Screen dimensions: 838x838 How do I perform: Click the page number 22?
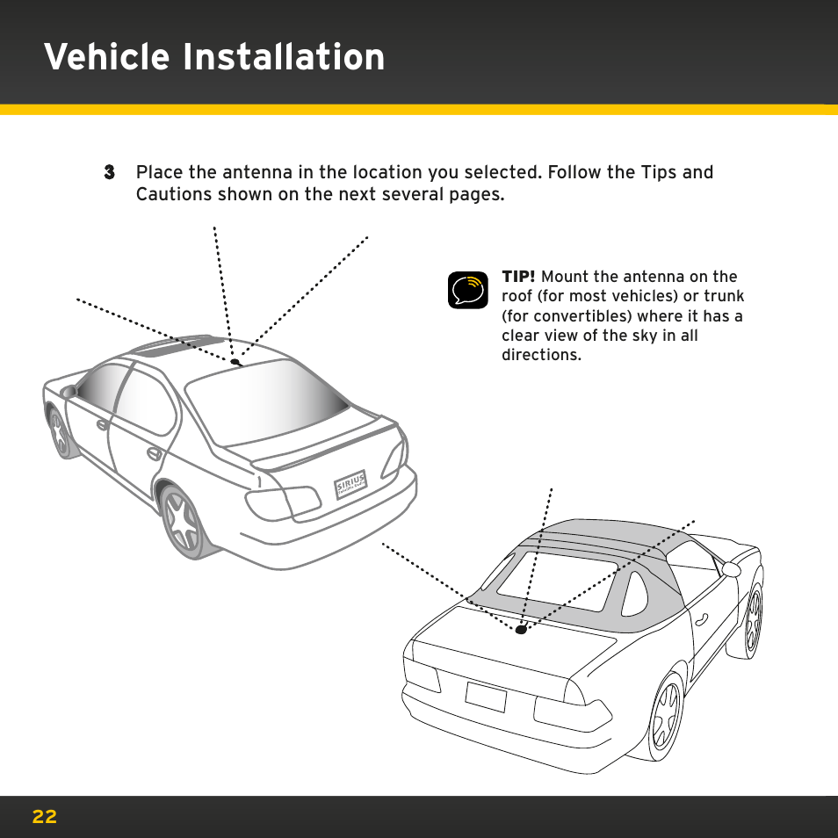coord(44,817)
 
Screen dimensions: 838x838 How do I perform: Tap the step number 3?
coord(109,173)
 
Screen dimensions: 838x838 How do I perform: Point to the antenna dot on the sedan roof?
coord(235,362)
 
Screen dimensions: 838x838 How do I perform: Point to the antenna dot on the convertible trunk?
coord(521,630)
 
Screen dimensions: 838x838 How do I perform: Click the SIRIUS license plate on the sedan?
coord(350,485)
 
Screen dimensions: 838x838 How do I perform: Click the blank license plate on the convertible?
coord(486,697)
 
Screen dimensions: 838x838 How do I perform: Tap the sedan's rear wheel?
coord(183,524)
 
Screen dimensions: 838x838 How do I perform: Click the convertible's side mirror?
coord(731,569)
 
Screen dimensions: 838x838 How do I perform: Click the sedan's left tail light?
coord(283,502)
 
